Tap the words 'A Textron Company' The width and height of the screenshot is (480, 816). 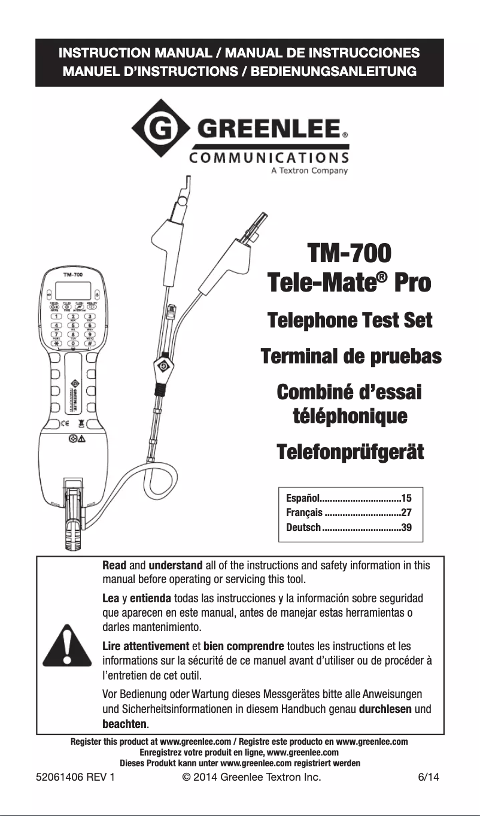coord(310,170)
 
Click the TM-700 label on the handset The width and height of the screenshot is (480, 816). coord(73,274)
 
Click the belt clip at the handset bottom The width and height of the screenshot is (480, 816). coord(73,503)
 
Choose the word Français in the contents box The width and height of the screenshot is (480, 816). coord(305,512)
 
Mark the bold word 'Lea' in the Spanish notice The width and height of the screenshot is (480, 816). coord(111,599)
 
